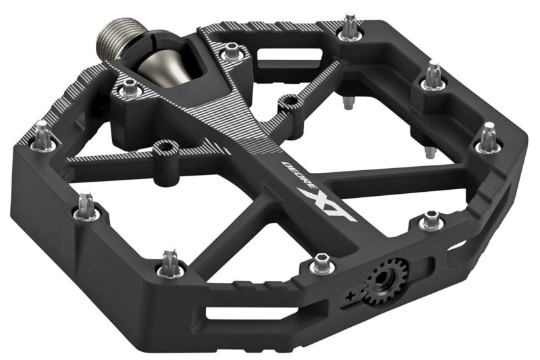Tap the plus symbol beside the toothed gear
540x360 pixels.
349,295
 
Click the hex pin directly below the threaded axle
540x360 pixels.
128,88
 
